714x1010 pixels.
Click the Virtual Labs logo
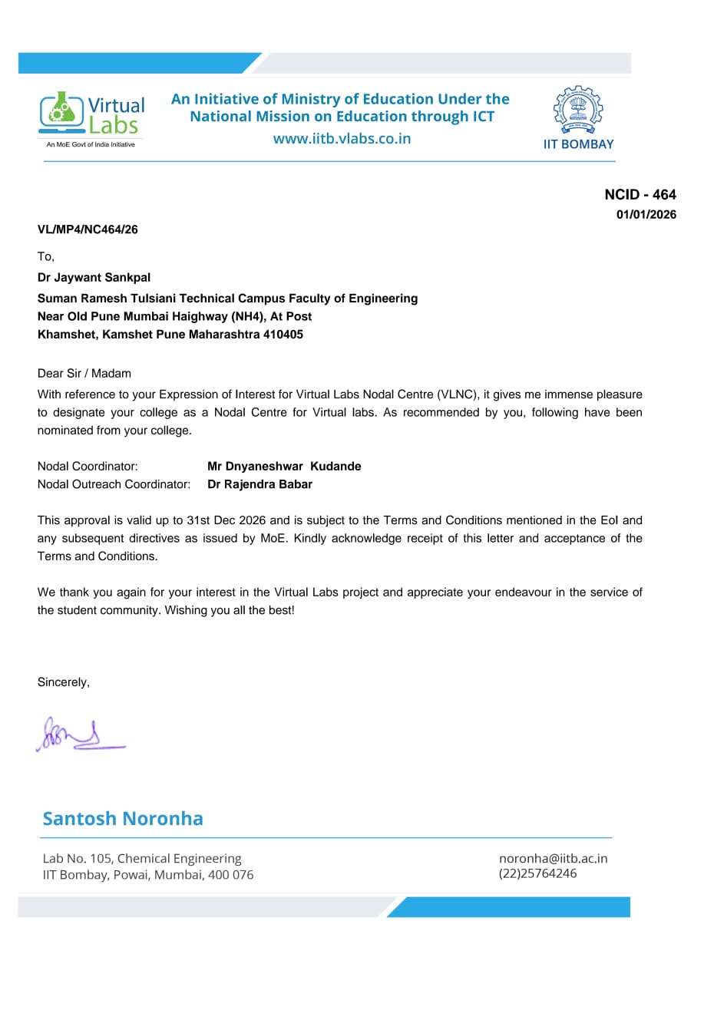point(91,117)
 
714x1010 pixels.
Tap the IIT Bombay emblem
point(578,112)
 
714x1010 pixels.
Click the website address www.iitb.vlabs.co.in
point(342,139)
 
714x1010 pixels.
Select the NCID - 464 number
point(640,195)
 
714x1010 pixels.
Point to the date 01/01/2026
point(646,215)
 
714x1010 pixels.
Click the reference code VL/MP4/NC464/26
point(88,229)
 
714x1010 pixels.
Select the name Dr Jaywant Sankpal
point(94,278)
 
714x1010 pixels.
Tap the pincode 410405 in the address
point(283,335)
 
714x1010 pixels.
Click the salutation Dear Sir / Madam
point(84,374)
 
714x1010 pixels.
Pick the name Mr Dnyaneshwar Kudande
point(284,467)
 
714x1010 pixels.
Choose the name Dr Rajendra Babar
point(259,484)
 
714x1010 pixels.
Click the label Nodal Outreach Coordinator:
point(114,484)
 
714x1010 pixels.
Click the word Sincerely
point(63,682)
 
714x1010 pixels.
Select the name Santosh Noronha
point(123,818)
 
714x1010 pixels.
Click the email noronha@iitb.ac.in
point(553,859)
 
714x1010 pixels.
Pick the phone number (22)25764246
point(537,873)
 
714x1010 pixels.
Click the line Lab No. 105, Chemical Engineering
point(142,859)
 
